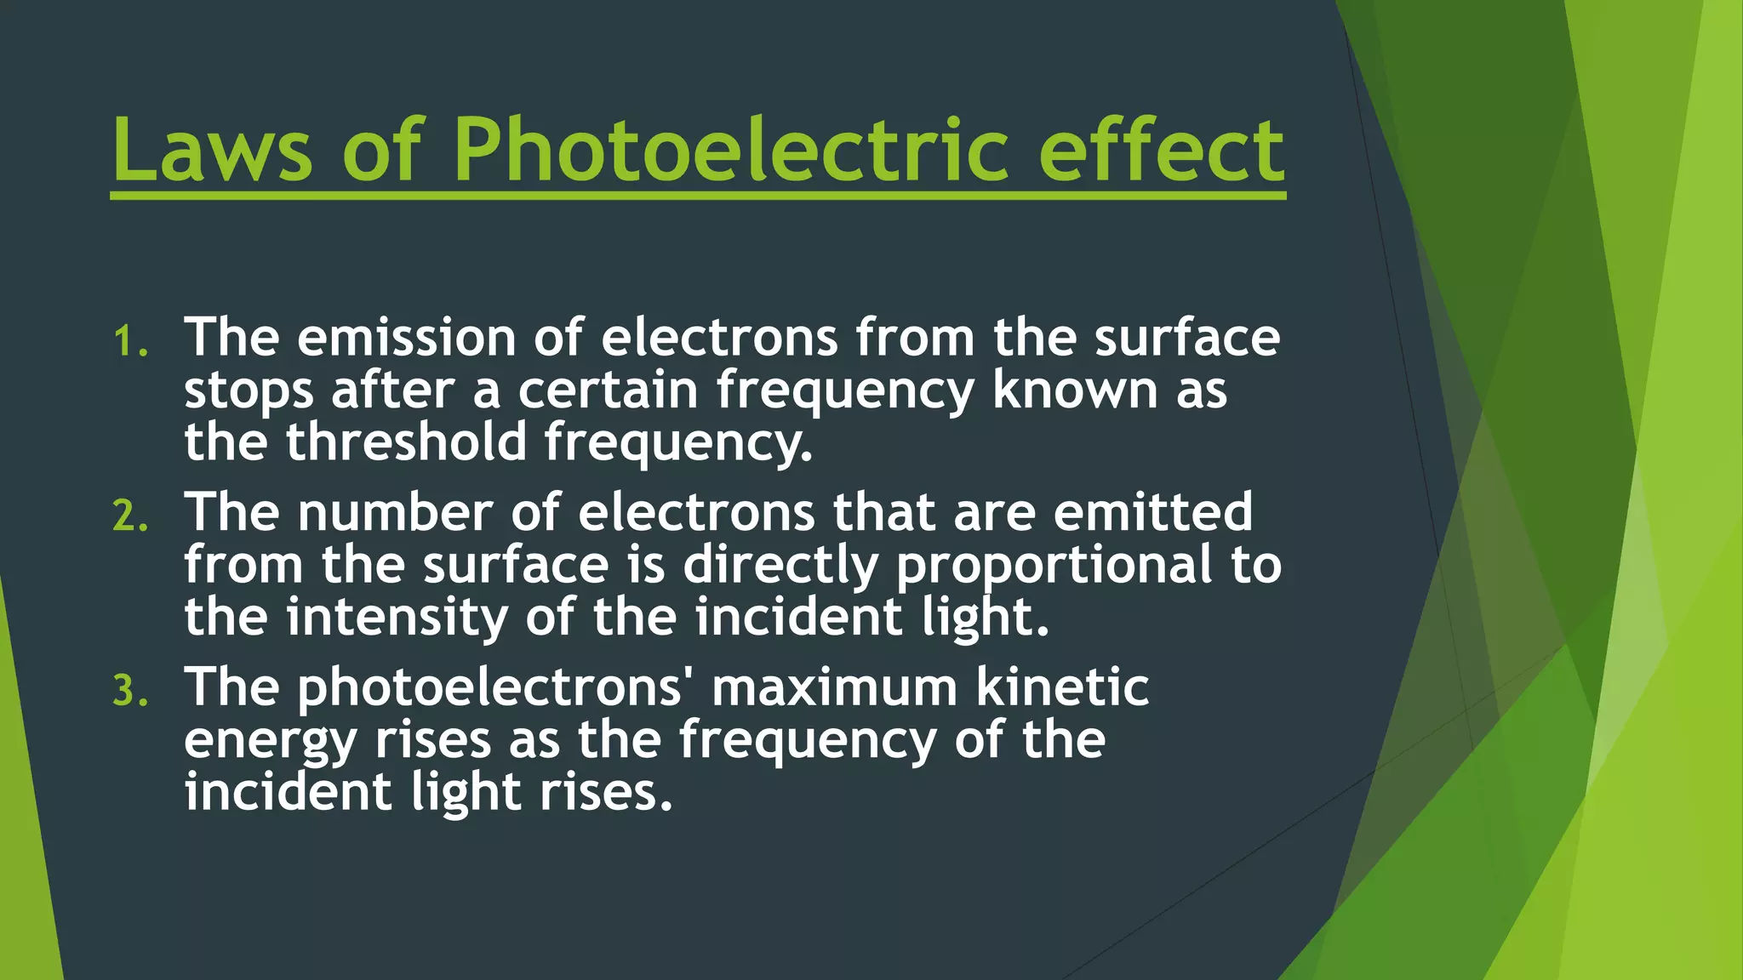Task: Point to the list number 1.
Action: [129, 342]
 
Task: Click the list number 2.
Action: [129, 516]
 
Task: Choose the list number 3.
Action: [129, 691]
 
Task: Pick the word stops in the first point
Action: [249, 391]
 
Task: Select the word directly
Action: [780, 567]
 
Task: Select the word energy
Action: [270, 742]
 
